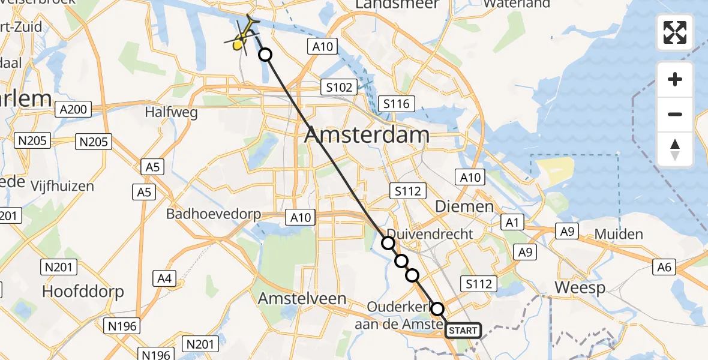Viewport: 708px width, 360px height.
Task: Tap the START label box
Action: (463, 330)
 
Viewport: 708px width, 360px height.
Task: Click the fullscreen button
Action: (675, 32)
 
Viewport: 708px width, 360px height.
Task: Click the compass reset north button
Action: (675, 149)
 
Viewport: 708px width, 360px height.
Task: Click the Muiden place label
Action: (618, 234)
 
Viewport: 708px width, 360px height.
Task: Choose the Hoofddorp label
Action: (83, 292)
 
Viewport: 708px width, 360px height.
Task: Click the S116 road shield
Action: (396, 104)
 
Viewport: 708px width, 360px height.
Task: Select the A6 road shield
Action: (664, 267)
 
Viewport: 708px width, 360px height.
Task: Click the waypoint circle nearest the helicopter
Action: (265, 55)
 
